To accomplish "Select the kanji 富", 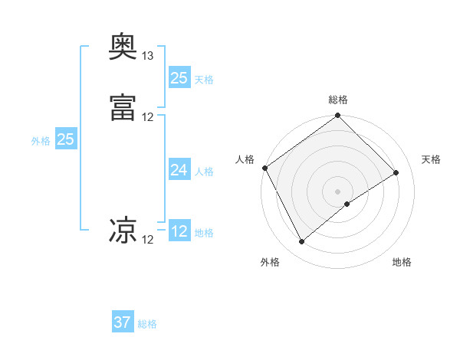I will (123, 107).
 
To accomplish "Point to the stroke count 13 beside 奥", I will (147, 56).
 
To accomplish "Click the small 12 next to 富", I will (147, 117).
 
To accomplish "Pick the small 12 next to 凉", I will (147, 240).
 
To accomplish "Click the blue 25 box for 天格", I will (179, 77).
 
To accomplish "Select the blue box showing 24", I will (179, 170).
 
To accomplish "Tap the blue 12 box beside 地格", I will (179, 231).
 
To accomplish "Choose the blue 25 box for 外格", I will (65, 139).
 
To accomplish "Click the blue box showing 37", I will (123, 322).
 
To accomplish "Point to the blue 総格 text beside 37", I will (148, 324).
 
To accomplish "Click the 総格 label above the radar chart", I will (338, 100).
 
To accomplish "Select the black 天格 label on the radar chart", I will (431, 159).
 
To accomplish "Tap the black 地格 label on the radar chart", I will (402, 262).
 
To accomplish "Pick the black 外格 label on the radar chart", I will (270, 262).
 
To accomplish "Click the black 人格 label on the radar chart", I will (245, 159).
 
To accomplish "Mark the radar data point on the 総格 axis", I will (337, 116).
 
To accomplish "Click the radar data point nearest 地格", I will (347, 204).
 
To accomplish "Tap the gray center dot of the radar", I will (337, 191).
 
